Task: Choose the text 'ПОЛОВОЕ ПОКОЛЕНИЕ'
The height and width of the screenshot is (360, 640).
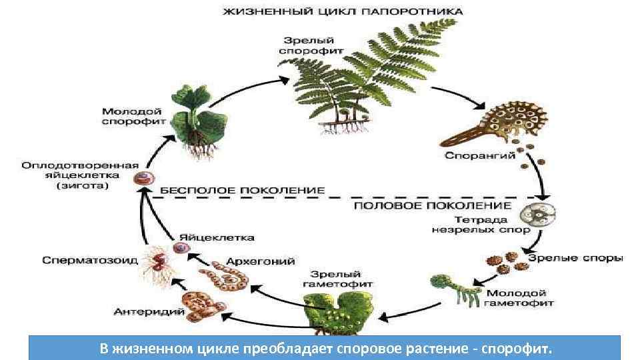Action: coord(433,205)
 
